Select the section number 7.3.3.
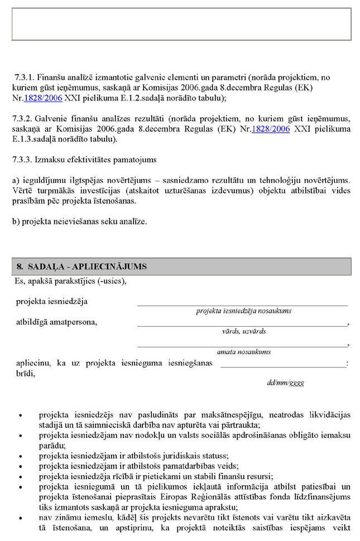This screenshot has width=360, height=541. [x=23, y=160]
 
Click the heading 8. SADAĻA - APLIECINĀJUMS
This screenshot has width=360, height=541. [x=81, y=267]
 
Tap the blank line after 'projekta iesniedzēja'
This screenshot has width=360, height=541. [x=242, y=304]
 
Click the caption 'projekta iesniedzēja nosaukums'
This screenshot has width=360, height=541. [x=243, y=311]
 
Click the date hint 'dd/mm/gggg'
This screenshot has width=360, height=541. [x=286, y=383]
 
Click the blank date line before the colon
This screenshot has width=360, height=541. [x=282, y=365]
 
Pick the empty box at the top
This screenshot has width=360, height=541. [x=181, y=24]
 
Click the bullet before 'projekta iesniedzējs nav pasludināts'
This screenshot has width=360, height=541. [x=21, y=416]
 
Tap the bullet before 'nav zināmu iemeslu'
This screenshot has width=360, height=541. [x=21, y=518]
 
